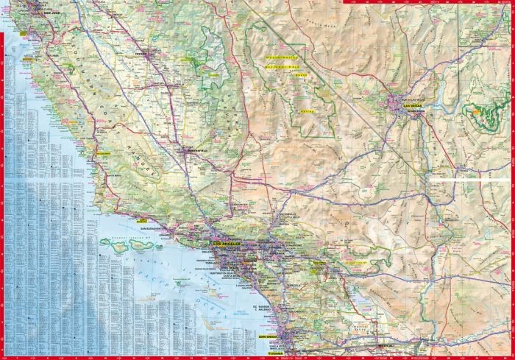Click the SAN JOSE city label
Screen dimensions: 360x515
tap(49, 14)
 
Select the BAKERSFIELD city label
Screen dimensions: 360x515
tap(193, 150)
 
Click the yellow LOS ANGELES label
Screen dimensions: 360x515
tap(227, 243)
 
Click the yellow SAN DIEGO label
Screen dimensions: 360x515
tap(267, 336)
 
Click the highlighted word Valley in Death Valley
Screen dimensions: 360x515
tap(308, 112)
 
